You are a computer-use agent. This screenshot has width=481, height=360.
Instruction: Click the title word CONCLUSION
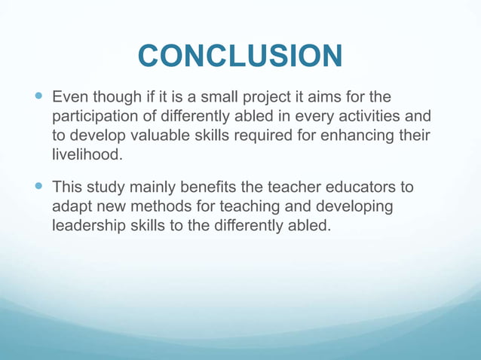pyautogui.click(x=240, y=56)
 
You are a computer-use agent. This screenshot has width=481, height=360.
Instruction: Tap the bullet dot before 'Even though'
pyautogui.click(x=40, y=97)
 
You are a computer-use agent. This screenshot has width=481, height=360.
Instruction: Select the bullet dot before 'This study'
pyautogui.click(x=40, y=186)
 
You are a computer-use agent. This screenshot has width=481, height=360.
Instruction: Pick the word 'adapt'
pyautogui.click(x=71, y=205)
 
